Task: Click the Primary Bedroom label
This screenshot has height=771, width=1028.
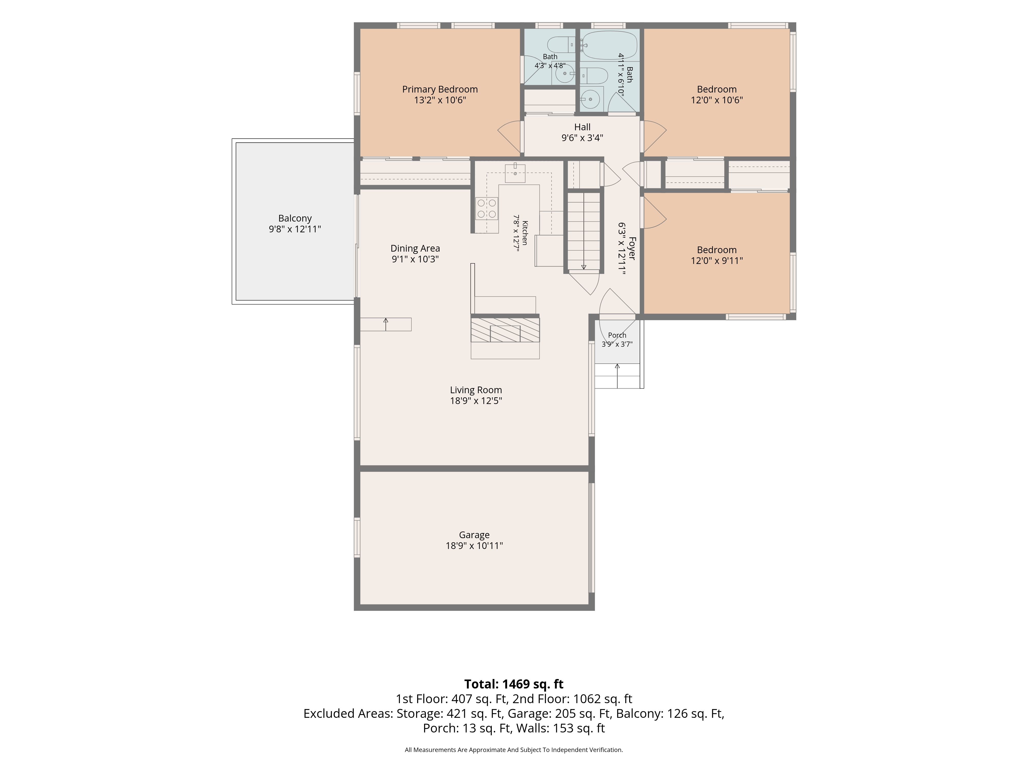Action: coord(440,89)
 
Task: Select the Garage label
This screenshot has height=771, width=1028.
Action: coord(474,535)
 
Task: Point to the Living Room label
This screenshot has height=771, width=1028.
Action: coord(476,390)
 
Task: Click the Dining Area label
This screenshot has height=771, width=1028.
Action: coord(415,249)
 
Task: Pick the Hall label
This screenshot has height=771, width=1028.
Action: coord(582,127)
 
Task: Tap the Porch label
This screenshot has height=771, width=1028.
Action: coord(617,335)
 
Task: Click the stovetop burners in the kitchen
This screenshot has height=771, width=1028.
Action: coord(487,209)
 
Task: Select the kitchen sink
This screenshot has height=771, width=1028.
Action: coord(515,173)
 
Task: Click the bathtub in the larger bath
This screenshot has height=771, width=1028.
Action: coord(609,45)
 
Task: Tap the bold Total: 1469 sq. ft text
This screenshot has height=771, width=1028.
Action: coord(514,684)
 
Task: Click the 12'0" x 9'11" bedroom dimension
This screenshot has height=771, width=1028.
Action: coord(717,261)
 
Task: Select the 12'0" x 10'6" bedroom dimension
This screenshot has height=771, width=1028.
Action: coord(717,100)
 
